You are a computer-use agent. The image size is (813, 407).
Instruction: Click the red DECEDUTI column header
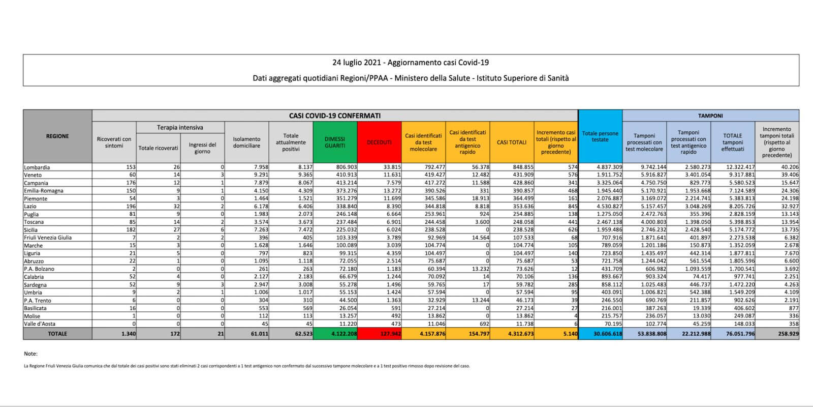tap(379, 142)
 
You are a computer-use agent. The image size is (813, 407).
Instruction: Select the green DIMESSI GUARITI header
tap(335, 142)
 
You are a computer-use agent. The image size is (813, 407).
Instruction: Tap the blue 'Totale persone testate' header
tap(600, 136)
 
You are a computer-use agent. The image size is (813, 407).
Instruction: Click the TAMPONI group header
tap(710, 115)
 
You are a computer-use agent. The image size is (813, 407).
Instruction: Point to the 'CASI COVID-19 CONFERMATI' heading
tap(335, 115)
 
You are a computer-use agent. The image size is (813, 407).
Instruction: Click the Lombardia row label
tap(37, 167)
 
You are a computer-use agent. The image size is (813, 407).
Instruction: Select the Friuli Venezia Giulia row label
tap(48, 238)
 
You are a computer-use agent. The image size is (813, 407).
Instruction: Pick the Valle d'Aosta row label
tap(40, 324)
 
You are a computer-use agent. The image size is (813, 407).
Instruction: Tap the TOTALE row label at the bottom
tap(57, 334)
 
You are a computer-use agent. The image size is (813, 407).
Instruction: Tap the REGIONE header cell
tap(57, 136)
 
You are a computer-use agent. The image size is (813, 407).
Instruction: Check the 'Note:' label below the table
tap(30, 354)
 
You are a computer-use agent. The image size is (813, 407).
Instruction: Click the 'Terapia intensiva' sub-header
tap(180, 127)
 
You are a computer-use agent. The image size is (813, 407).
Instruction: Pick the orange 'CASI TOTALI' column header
tap(512, 142)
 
